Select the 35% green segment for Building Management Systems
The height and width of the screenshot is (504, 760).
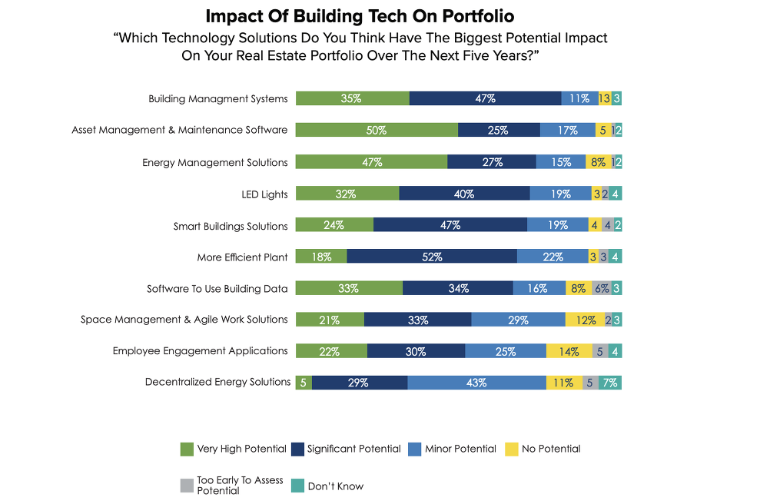tap(352, 98)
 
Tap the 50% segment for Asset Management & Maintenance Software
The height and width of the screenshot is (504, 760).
tap(377, 131)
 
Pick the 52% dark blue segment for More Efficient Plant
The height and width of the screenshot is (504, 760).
tap(432, 257)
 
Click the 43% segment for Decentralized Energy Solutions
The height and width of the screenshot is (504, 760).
tap(476, 383)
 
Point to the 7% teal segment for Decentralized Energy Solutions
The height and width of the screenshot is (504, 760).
tap(611, 383)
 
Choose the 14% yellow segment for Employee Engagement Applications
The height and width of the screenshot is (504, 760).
tap(569, 351)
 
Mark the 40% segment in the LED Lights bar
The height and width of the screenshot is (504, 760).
tap(464, 194)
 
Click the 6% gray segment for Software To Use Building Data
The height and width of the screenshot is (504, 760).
tap(602, 288)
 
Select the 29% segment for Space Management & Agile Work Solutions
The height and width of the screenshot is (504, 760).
tap(518, 320)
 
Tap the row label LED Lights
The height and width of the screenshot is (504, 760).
tap(264, 194)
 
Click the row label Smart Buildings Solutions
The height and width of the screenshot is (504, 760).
tap(231, 226)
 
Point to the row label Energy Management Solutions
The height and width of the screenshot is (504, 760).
tap(215, 163)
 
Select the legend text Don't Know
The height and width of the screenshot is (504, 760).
tap(336, 486)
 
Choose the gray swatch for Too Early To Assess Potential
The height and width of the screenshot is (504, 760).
tap(187, 486)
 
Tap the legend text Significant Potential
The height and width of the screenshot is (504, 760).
tap(353, 449)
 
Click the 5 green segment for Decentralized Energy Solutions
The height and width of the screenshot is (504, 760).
tap(304, 383)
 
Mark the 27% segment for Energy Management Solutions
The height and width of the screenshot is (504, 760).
tap(492, 162)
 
